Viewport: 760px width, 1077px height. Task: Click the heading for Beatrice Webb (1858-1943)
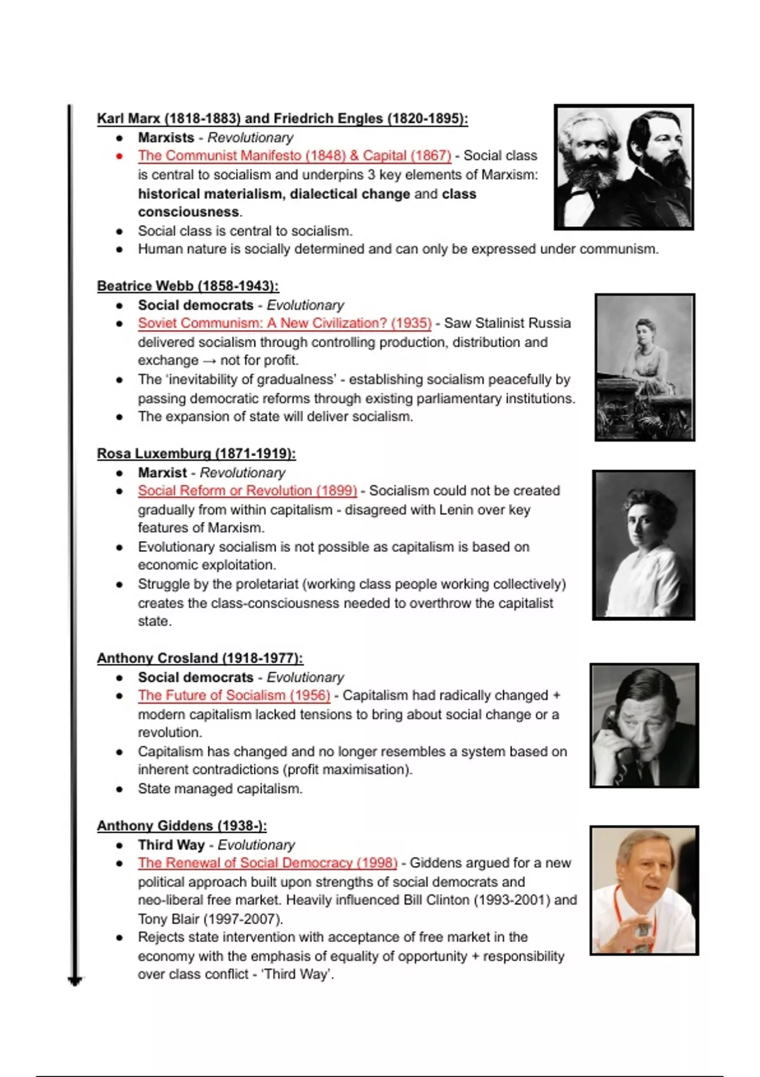point(187,286)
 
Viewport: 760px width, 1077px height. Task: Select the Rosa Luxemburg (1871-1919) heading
point(196,454)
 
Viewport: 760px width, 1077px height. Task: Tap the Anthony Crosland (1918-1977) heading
point(199,658)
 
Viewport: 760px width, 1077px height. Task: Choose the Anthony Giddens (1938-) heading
point(182,826)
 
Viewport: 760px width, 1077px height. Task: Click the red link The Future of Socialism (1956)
point(234,696)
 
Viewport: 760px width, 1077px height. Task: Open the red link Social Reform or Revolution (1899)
point(248,491)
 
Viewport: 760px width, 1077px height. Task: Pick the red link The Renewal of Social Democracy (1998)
point(268,863)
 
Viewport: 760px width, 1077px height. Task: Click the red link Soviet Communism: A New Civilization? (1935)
point(285,323)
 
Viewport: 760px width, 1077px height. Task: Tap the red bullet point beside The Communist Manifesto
point(119,156)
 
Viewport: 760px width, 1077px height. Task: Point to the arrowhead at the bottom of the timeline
point(75,981)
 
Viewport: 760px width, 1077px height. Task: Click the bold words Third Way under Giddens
point(171,845)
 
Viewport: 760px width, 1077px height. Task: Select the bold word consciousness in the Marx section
point(189,212)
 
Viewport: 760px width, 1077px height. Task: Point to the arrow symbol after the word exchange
point(209,360)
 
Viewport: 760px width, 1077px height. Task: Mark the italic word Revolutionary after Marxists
point(250,137)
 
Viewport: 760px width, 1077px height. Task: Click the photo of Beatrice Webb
point(645,367)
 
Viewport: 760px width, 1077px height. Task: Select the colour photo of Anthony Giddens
point(644,890)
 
